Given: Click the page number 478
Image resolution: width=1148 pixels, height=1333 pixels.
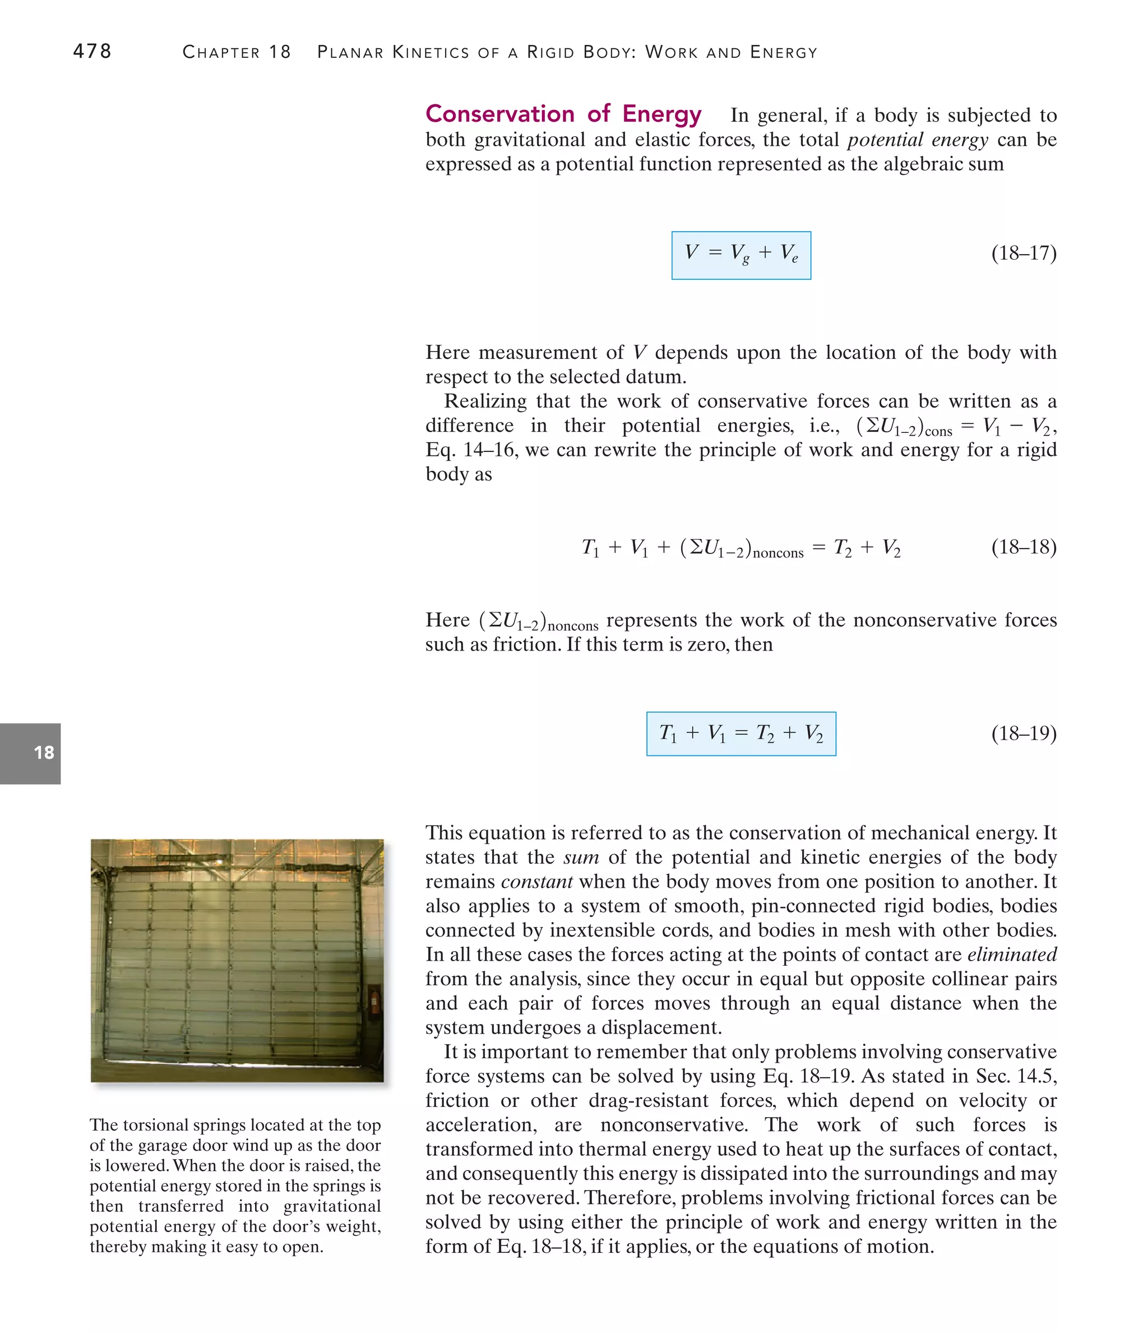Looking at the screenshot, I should coord(92,52).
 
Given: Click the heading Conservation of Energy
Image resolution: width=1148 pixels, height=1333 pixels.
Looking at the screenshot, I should coord(563,114).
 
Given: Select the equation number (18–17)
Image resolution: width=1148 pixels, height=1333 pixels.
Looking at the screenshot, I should coord(1023,253).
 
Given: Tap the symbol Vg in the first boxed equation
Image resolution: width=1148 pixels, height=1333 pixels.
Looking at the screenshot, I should coord(739,253).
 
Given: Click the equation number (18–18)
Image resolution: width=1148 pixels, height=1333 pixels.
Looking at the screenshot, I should coord(1023,547).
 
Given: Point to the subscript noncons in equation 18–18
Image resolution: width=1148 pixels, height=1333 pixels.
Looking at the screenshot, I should coord(777,554).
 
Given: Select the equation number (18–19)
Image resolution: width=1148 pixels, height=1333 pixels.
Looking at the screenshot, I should coord(1023,733).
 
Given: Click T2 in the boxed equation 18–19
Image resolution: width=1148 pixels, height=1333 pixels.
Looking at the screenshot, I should coord(765,734).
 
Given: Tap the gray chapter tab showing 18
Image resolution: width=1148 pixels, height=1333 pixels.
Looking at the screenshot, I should coord(31,753).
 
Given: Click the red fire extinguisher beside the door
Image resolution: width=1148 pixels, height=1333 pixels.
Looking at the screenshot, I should coord(374,1001).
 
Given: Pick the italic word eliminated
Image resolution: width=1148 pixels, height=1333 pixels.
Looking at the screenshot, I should coord(1012,954).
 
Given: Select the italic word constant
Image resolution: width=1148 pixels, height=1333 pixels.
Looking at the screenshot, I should coord(536,882).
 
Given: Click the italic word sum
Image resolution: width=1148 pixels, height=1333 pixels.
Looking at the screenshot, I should coord(581,857).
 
